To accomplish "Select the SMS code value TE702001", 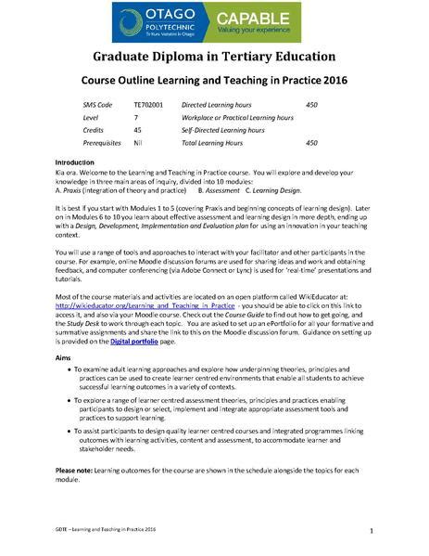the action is coord(148,106).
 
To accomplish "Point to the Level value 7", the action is coord(135,118).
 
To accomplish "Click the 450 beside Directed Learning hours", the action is coord(311,106).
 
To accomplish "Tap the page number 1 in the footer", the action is coord(371,531).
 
